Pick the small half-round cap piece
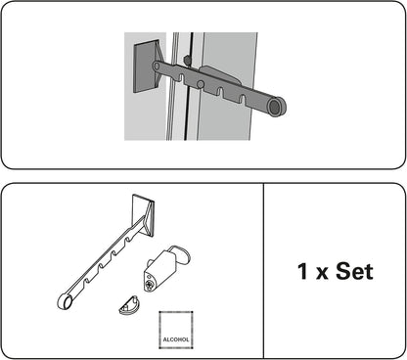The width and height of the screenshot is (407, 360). pyautogui.click(x=128, y=306)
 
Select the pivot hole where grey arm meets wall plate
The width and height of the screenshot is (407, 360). pyautogui.click(x=157, y=67)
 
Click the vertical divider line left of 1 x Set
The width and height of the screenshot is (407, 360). pyautogui.click(x=265, y=271)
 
